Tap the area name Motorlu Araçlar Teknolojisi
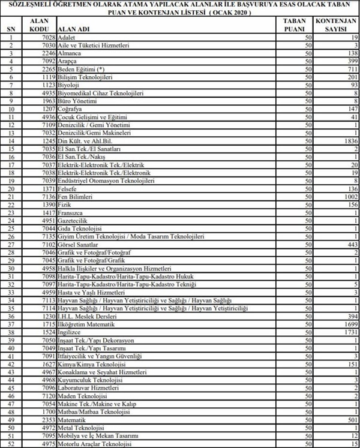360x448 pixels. pyautogui.click(x=93, y=444)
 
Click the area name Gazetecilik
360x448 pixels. pyautogui.click(x=70, y=220)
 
